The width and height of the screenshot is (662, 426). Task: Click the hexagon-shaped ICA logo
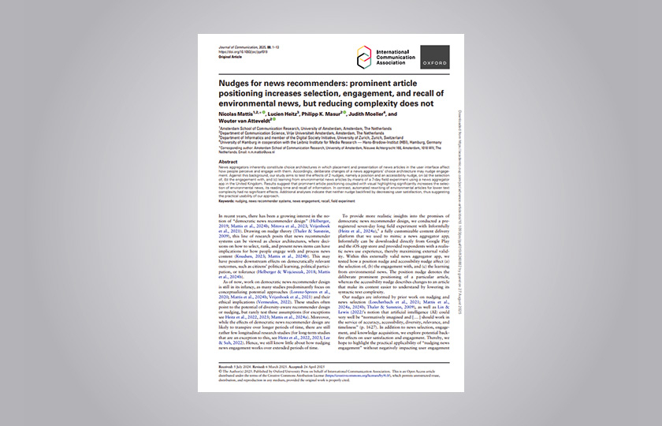click(364, 56)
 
